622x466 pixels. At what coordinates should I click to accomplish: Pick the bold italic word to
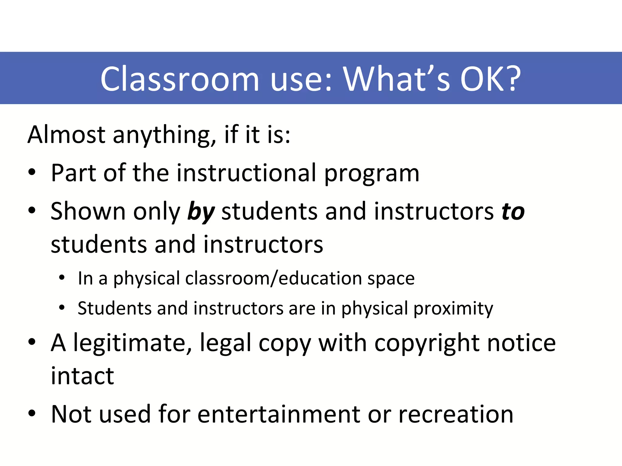(x=513, y=212)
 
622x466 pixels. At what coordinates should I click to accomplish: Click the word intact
(x=82, y=376)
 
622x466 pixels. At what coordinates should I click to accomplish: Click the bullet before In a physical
(x=62, y=278)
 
